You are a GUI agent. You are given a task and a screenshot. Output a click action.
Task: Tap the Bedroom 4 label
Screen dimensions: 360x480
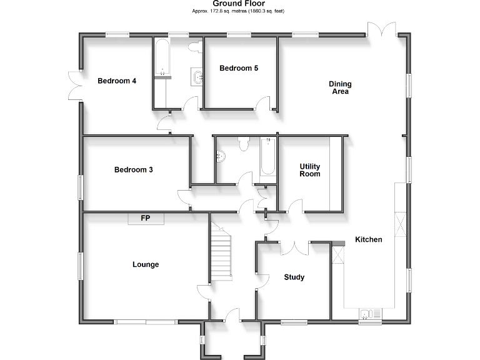pyautogui.click(x=117, y=81)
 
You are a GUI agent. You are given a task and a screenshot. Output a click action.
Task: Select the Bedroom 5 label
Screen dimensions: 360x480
pyautogui.click(x=239, y=68)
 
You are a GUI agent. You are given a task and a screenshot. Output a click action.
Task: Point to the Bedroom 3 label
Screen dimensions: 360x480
pyautogui.click(x=133, y=169)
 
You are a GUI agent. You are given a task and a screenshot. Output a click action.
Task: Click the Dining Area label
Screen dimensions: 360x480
pyautogui.click(x=340, y=87)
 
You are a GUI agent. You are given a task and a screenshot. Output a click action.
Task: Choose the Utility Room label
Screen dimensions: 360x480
pyautogui.click(x=309, y=170)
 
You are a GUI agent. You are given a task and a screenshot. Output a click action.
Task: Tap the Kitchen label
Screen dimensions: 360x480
pyautogui.click(x=368, y=239)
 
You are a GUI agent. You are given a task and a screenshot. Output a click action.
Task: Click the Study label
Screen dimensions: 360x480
pyautogui.click(x=294, y=277)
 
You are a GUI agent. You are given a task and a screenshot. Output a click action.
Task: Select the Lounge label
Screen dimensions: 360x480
pyautogui.click(x=146, y=264)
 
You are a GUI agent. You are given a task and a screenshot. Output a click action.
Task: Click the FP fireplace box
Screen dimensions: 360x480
pyautogui.click(x=146, y=218)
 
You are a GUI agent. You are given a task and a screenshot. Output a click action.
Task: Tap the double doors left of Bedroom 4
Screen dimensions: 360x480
pyautogui.click(x=74, y=86)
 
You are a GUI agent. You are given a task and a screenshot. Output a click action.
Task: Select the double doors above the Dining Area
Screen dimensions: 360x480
pyautogui.click(x=381, y=30)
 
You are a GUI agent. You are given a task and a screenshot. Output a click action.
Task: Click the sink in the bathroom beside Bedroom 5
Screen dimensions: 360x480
pyautogui.click(x=199, y=77)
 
